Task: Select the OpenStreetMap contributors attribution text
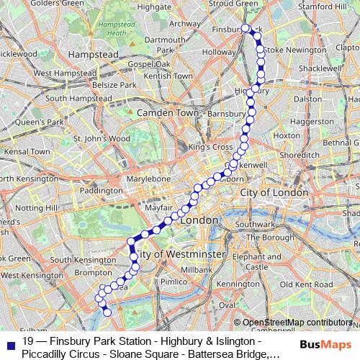click(297, 322)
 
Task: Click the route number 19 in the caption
click(28, 341)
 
